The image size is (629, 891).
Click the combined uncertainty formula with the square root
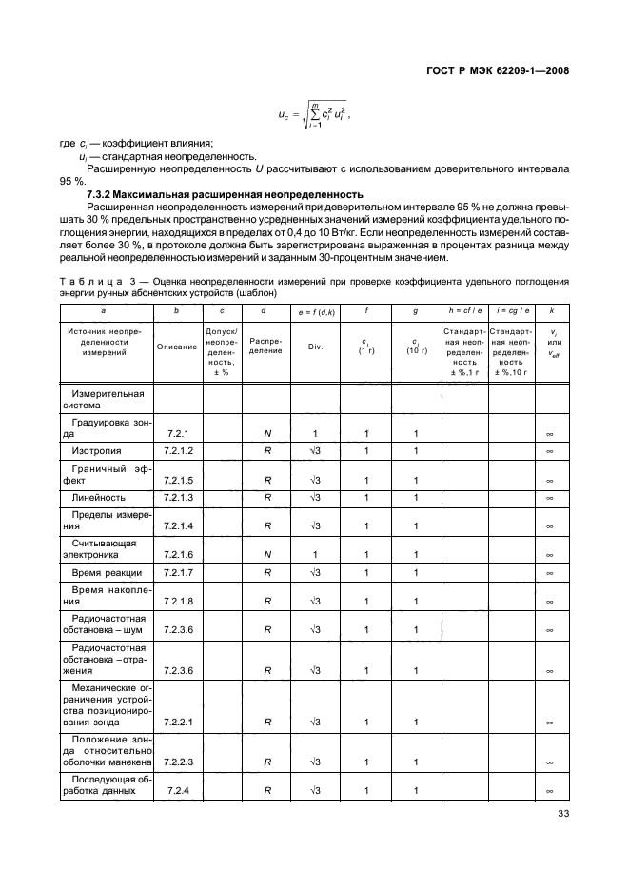(308, 116)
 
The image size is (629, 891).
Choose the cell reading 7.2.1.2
(178, 450)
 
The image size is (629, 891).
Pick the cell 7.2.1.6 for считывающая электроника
(178, 554)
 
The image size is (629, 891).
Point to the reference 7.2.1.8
(178, 602)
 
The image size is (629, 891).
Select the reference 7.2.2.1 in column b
(178, 723)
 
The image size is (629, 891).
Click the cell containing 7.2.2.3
(178, 762)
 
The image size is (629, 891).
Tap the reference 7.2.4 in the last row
(178, 792)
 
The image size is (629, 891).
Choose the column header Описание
(178, 346)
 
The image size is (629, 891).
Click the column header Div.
(316, 346)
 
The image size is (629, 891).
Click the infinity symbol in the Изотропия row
(551, 451)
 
